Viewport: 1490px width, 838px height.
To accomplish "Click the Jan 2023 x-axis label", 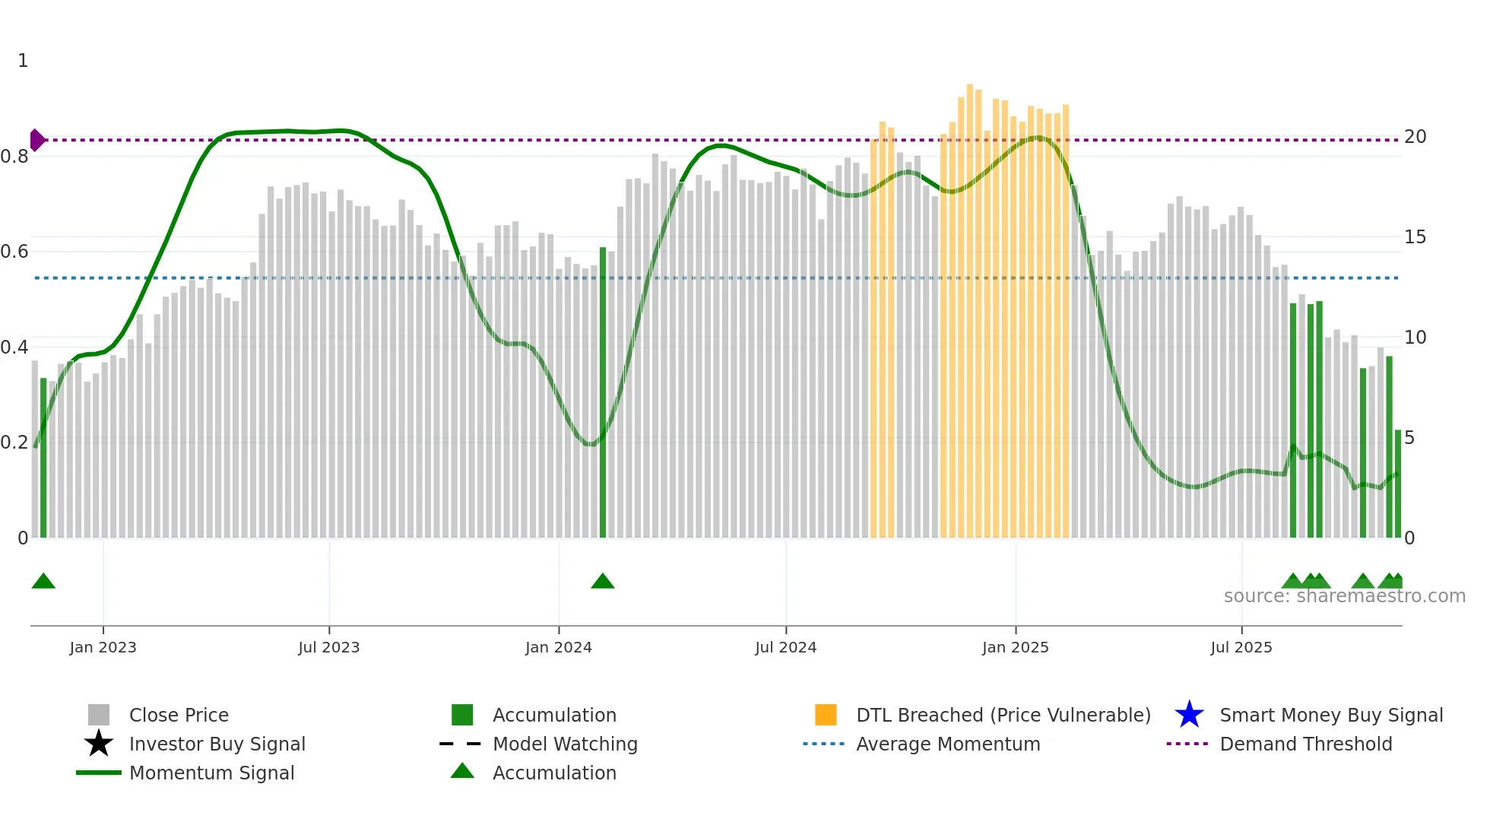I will tap(103, 647).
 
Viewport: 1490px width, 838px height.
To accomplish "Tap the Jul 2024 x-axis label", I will tap(785, 647).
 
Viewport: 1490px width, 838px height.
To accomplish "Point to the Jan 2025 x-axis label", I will tap(1015, 647).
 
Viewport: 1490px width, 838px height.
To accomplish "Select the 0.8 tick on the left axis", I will tap(14, 157).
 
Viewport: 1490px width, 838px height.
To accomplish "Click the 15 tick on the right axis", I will tap(1415, 237).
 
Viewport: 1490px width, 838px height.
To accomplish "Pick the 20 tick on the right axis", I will tap(1415, 137).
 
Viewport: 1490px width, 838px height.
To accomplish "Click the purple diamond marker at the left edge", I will tap(36, 140).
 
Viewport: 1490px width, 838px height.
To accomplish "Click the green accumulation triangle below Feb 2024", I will tap(603, 582).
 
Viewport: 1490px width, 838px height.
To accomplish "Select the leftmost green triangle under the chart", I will tap(43, 582).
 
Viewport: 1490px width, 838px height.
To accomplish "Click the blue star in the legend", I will tap(1189, 715).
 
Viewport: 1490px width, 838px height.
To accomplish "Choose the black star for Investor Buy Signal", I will tap(99, 744).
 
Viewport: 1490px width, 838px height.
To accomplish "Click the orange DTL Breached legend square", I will tap(826, 715).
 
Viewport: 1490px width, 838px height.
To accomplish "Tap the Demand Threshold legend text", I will tap(1305, 744).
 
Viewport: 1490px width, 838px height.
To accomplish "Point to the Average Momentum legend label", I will tap(948, 744).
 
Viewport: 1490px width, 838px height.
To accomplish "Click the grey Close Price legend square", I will tap(99, 715).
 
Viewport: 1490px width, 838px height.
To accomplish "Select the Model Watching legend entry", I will tap(564, 744).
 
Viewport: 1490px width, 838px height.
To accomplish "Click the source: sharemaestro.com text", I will tap(1344, 596).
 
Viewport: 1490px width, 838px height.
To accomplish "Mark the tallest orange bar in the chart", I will tap(970, 312).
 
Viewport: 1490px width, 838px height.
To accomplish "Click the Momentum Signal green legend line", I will tap(99, 773).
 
